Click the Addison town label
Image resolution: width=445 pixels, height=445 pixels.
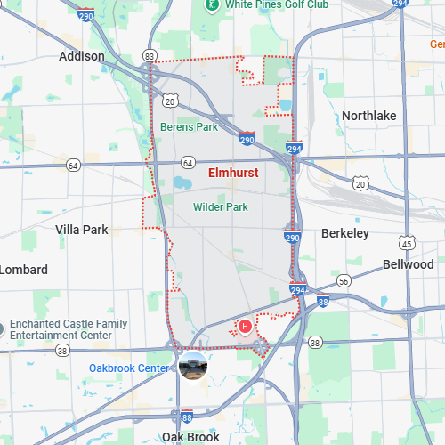click(x=81, y=56)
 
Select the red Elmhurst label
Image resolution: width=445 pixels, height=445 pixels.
click(x=233, y=173)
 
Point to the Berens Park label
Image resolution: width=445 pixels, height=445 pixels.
click(x=189, y=127)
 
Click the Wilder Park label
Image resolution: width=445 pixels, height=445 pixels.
click(x=220, y=207)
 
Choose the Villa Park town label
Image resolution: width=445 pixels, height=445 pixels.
click(x=81, y=230)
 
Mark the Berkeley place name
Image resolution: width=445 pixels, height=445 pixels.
click(x=344, y=233)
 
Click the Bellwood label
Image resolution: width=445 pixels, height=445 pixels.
click(x=408, y=264)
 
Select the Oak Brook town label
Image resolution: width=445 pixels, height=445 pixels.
click(x=190, y=437)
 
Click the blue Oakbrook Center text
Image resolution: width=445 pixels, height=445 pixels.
click(x=129, y=368)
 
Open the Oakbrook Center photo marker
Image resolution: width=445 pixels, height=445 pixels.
click(x=193, y=366)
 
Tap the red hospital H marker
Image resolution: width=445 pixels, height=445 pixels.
click(x=246, y=327)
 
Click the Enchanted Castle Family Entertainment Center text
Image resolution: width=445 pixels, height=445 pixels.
click(x=69, y=329)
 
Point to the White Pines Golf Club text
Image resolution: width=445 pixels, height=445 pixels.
click(x=277, y=4)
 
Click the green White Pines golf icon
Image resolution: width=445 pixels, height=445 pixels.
click(x=211, y=4)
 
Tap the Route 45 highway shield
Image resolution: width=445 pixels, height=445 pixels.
click(x=407, y=243)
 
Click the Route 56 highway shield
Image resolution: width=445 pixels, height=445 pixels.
click(x=343, y=280)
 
